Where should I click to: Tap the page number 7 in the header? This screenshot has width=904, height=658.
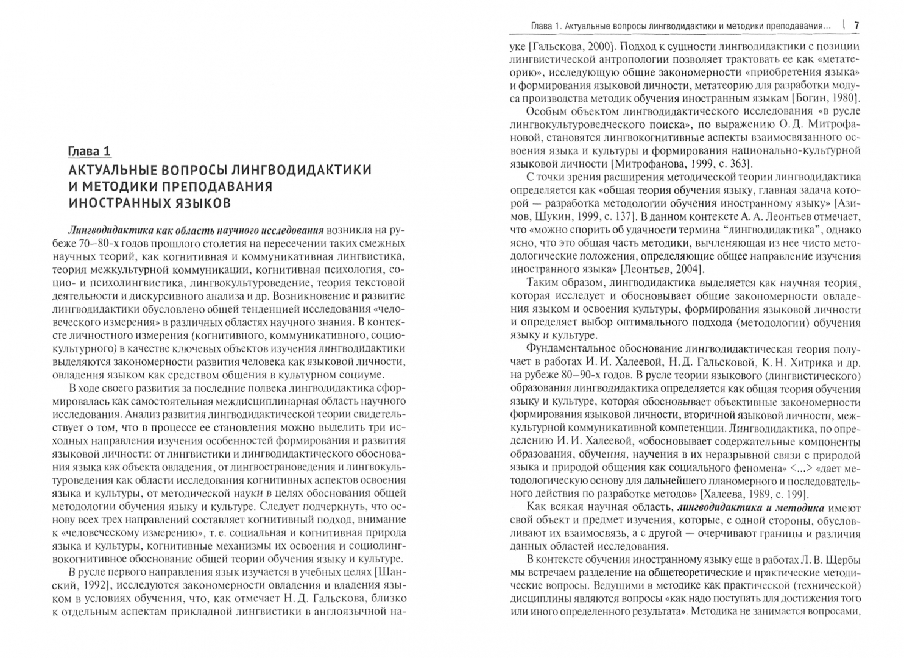pyautogui.click(x=856, y=26)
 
